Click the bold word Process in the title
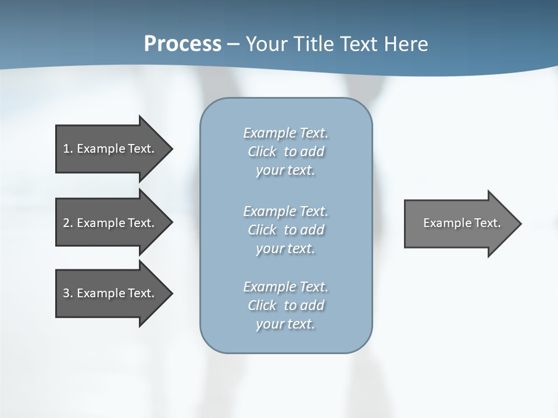(183, 44)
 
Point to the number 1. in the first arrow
(67, 149)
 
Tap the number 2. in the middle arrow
(67, 223)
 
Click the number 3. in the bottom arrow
(67, 293)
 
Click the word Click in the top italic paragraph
(262, 152)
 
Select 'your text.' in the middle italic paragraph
(285, 248)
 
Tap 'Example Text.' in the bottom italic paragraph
(285, 287)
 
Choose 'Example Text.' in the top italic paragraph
(285, 133)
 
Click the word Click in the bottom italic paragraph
(262, 305)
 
